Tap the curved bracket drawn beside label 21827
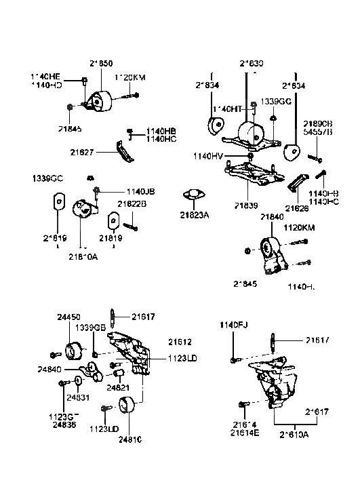coord(122,150)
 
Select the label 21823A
coord(194,216)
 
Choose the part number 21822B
coord(132,203)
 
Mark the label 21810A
coord(82,256)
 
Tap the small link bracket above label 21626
coord(298,184)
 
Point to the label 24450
coord(69,317)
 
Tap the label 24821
coord(118,387)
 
